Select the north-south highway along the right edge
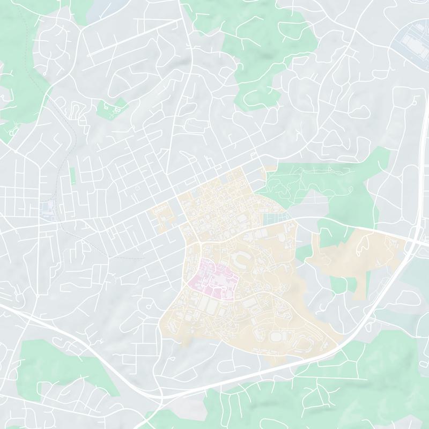418,177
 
